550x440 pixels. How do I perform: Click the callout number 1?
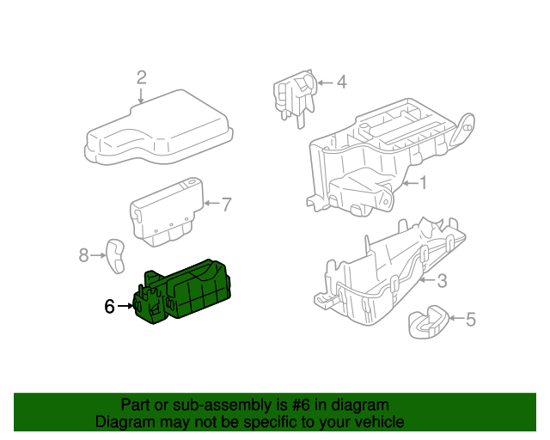pyautogui.click(x=422, y=183)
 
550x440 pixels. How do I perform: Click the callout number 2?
pyautogui.click(x=142, y=77)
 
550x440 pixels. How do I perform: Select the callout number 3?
pyautogui.click(x=442, y=280)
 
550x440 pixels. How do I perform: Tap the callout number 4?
pyautogui.click(x=341, y=82)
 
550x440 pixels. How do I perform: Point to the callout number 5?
pyautogui.click(x=470, y=321)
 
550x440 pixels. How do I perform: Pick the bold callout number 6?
pyautogui.click(x=109, y=306)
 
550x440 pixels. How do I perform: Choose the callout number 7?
pyautogui.click(x=226, y=205)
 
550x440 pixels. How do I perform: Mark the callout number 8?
pyautogui.click(x=84, y=254)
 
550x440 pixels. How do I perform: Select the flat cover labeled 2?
pyautogui.click(x=159, y=133)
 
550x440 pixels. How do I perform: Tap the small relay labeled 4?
pyautogui.click(x=294, y=95)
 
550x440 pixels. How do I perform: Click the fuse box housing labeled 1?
pyautogui.click(x=370, y=159)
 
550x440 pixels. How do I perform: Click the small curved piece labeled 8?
pyautogui.click(x=114, y=255)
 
